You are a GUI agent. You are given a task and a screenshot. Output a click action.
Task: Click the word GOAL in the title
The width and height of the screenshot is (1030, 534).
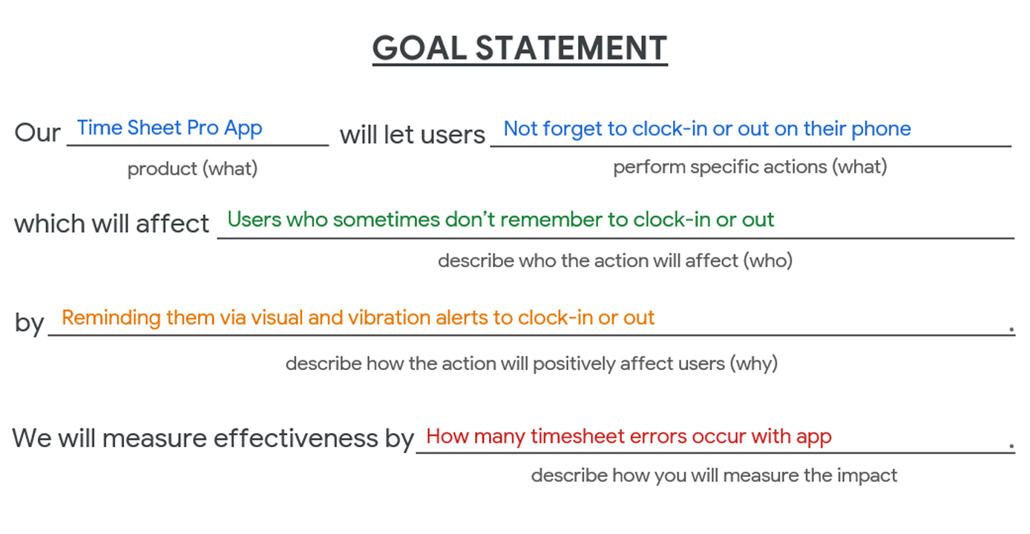pos(419,47)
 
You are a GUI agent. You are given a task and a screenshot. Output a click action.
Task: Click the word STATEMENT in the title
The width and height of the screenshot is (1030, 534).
pos(571,47)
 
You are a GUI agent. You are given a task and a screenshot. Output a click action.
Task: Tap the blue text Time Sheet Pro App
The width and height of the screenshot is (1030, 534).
pos(169,128)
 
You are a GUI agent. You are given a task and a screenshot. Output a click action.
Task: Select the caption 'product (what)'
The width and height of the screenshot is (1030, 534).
pos(192,169)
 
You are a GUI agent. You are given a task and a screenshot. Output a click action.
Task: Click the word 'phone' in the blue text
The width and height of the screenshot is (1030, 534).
pos(881,130)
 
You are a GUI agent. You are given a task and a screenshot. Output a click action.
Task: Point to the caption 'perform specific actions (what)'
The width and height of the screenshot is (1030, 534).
pos(750,168)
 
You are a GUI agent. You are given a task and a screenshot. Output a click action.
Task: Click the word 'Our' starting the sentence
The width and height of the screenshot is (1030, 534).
pos(37,133)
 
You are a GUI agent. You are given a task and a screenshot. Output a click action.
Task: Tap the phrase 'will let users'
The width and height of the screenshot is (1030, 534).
pos(413,135)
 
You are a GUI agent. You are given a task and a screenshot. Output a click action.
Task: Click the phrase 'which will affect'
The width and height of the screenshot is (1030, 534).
pos(112,224)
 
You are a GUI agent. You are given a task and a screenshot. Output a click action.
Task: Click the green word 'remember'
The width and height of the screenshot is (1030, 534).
pos(551,220)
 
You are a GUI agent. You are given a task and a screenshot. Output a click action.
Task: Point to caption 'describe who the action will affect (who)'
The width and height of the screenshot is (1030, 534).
pos(615,261)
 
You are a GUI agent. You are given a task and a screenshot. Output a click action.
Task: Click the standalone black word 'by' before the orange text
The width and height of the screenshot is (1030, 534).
pos(30,323)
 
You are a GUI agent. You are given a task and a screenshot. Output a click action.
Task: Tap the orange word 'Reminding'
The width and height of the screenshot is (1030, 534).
pos(111,318)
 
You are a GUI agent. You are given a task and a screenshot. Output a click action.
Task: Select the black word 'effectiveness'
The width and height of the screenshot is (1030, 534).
pos(295,438)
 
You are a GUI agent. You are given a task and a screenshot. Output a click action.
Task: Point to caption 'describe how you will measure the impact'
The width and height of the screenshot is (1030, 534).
pos(714,475)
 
